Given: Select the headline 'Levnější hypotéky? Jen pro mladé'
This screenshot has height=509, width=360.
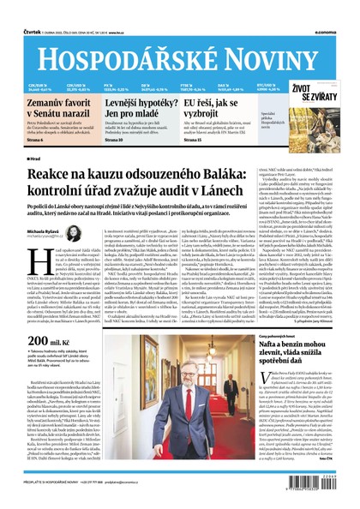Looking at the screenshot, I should tap(143, 107).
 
